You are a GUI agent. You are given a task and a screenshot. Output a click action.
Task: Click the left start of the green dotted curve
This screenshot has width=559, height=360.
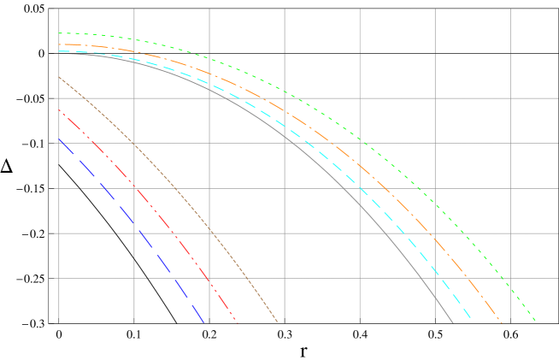59,33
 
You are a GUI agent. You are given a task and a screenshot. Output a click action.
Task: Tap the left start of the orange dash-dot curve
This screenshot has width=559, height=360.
59,44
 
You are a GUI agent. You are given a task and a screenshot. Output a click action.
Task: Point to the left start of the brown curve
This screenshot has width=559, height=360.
59,77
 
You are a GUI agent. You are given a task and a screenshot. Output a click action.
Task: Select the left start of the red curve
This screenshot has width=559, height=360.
59,109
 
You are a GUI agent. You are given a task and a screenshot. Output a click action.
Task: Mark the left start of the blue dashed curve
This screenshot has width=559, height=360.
59,139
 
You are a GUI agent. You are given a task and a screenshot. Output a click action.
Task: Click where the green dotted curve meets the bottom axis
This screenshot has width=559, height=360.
536,322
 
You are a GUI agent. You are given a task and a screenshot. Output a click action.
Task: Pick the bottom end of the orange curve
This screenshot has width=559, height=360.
502,322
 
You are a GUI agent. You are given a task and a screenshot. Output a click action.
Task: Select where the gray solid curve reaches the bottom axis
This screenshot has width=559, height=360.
453,322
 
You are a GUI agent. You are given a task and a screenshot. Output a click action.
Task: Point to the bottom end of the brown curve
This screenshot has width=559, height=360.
279,322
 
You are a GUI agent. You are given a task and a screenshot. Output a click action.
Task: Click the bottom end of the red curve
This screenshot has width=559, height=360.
236,322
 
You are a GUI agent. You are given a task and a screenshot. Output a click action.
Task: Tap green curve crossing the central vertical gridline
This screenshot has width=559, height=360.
285,92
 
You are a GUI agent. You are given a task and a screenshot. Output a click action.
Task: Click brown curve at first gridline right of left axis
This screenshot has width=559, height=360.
134,144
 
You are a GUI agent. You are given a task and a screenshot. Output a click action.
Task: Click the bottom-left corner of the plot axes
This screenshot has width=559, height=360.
59,322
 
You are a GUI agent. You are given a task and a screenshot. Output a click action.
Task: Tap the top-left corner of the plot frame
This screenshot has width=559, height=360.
59,9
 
